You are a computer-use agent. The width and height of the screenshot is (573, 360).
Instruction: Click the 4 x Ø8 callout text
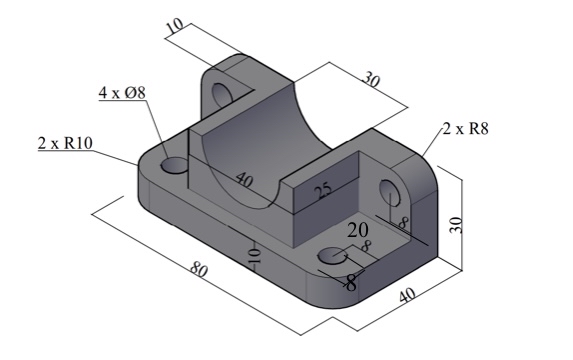pyautogui.click(x=122, y=93)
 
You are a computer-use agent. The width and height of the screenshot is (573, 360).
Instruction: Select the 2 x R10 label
pyautogui.click(x=65, y=143)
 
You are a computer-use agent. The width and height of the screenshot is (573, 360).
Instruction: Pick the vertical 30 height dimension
pyautogui.click(x=457, y=221)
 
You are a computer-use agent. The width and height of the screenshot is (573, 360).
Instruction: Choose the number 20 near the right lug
pyautogui.click(x=358, y=231)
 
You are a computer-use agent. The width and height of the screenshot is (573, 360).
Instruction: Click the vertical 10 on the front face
pyautogui.click(x=254, y=256)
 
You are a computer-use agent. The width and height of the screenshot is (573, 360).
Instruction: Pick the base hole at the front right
pyautogui.click(x=331, y=258)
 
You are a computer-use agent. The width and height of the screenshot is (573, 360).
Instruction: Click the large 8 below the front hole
pyautogui.click(x=350, y=283)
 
